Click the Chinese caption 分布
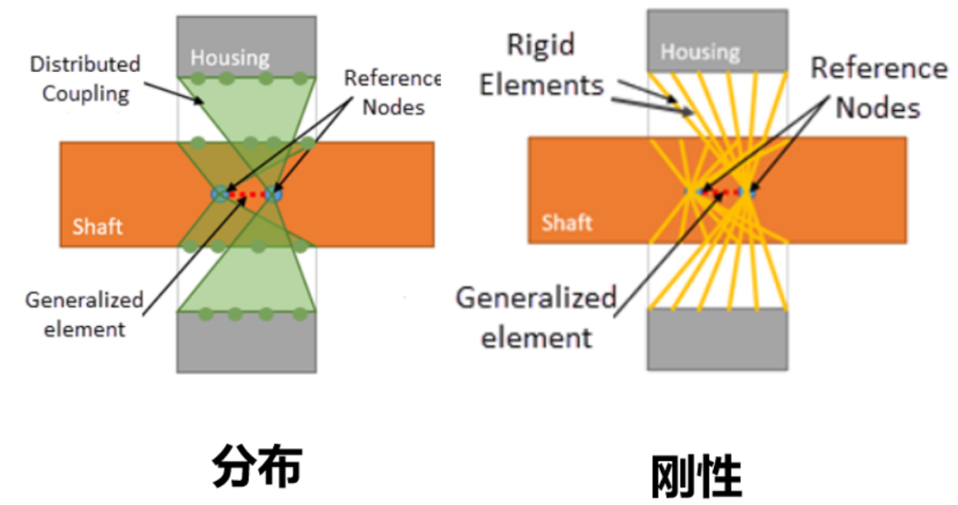tap(257, 466)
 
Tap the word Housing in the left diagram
tap(230, 58)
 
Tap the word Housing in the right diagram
tap(700, 51)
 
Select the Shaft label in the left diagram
tap(98, 226)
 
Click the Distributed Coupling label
tap(85, 78)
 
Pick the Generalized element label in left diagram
tap(83, 314)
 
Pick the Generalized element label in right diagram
tap(536, 316)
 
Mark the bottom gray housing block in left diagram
tap(247, 344)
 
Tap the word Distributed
tap(85, 65)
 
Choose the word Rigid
tap(541, 44)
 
